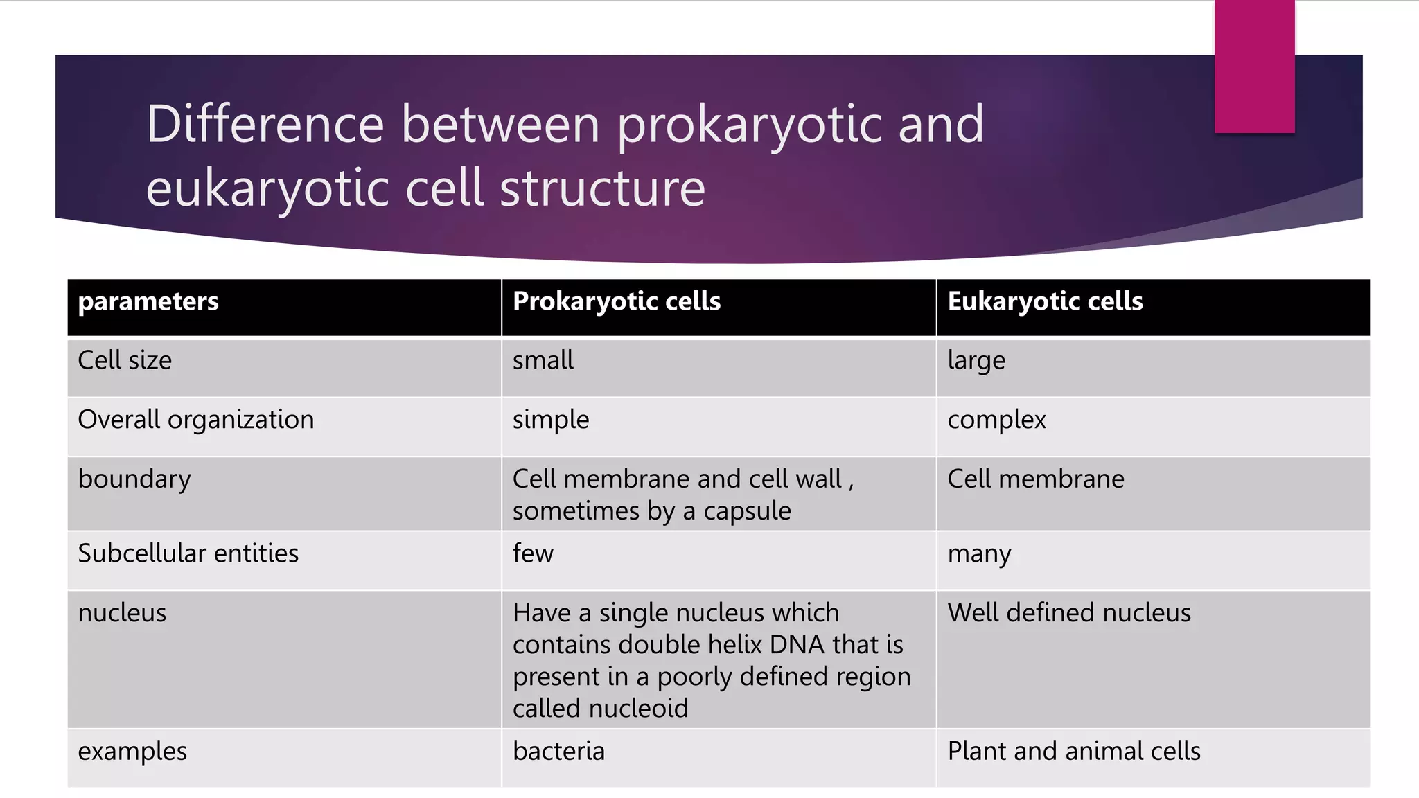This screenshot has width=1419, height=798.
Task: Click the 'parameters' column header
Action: [148, 302]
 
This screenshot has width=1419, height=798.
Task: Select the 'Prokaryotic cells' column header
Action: [617, 302]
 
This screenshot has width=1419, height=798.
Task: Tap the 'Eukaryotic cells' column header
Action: [1045, 302]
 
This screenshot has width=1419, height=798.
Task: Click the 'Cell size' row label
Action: [125, 361]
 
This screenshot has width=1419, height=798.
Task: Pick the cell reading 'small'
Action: [543, 361]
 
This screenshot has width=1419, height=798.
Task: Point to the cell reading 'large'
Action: [976, 361]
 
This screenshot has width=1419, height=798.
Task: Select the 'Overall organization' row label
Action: [196, 420]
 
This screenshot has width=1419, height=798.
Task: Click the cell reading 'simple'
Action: [551, 420]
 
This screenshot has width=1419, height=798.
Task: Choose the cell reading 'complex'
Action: [996, 420]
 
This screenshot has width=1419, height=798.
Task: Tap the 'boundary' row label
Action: [134, 479]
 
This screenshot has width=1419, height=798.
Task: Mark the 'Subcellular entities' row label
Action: [188, 553]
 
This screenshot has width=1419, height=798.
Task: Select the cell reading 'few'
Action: [533, 553]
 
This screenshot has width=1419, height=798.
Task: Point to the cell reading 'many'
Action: [979, 554]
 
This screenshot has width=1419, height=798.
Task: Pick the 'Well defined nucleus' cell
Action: [1069, 613]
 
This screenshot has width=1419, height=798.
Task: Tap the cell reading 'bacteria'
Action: [558, 752]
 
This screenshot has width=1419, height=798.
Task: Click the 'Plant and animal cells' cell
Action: [1074, 752]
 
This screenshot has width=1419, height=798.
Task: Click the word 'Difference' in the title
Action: [265, 124]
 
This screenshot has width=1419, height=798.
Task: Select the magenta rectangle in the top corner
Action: [1254, 66]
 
